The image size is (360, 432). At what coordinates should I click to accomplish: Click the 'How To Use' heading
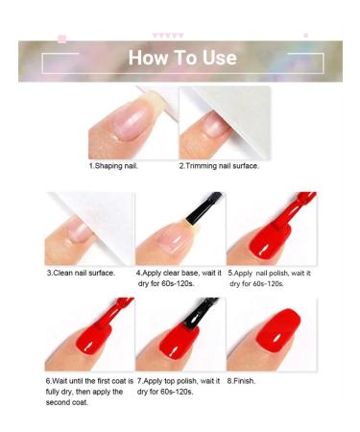point(182,59)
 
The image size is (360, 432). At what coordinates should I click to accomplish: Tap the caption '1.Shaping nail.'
point(113,166)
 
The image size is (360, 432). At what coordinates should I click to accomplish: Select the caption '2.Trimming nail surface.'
point(219,166)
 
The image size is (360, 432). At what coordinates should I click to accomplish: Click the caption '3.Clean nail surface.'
point(82,273)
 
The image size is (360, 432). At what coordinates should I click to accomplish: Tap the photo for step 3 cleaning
point(89,228)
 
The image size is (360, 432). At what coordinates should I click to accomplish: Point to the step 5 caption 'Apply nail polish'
point(268,273)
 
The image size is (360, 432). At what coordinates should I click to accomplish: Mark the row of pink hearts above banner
point(169,36)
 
